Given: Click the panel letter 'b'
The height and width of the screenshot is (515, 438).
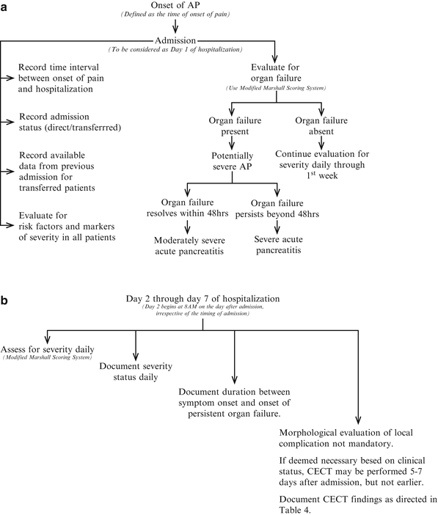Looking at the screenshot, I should pos(5,280).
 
